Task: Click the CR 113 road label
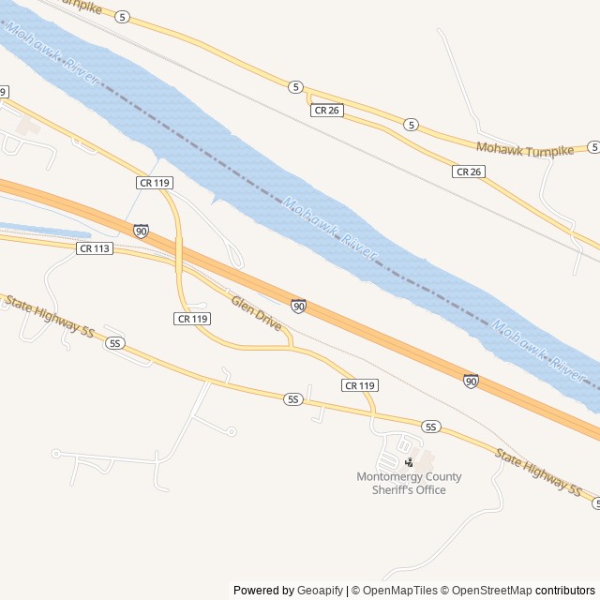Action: (x=96, y=248)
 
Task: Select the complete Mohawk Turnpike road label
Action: (x=524, y=149)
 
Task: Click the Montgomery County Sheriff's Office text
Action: (x=409, y=483)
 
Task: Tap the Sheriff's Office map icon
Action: (x=409, y=462)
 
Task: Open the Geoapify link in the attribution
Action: (x=320, y=591)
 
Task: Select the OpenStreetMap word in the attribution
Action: (x=487, y=591)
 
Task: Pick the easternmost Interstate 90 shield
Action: (x=471, y=381)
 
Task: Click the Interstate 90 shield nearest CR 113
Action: (x=140, y=231)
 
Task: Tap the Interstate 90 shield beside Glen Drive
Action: (x=298, y=306)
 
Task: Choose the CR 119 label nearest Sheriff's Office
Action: (x=360, y=385)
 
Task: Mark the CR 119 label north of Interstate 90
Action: (x=154, y=182)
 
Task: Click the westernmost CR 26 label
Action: (x=327, y=111)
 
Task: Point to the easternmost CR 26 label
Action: (x=468, y=172)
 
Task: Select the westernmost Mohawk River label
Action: (x=52, y=53)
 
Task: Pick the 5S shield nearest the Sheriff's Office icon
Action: (x=431, y=427)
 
